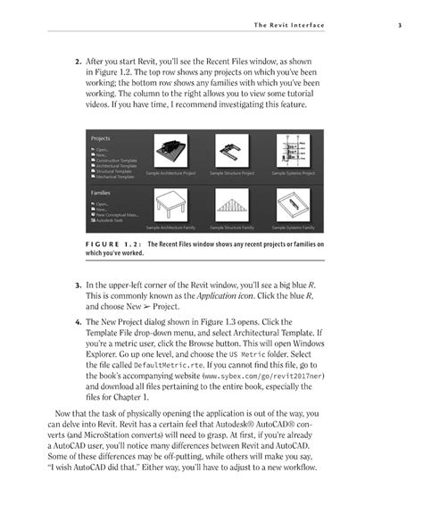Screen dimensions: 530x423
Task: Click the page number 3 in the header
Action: [x=399, y=24]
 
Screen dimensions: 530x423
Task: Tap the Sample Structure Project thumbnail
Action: [x=232, y=151]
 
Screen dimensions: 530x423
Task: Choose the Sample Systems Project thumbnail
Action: [x=294, y=151]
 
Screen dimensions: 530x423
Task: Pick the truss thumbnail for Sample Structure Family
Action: [x=232, y=206]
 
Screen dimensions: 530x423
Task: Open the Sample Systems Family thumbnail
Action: [x=294, y=206]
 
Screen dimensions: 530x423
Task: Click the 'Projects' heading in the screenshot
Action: [x=101, y=138]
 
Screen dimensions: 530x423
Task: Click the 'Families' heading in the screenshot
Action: [x=101, y=192]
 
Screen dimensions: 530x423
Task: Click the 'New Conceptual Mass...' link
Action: [x=115, y=214]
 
